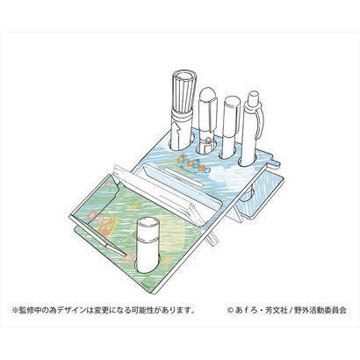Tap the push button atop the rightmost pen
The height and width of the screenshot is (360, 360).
pos(253,97)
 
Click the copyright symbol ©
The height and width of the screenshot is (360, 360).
pos(230,310)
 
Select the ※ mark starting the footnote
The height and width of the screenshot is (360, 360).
pos(15,310)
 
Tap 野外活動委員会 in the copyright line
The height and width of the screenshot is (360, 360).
pos(320,310)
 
